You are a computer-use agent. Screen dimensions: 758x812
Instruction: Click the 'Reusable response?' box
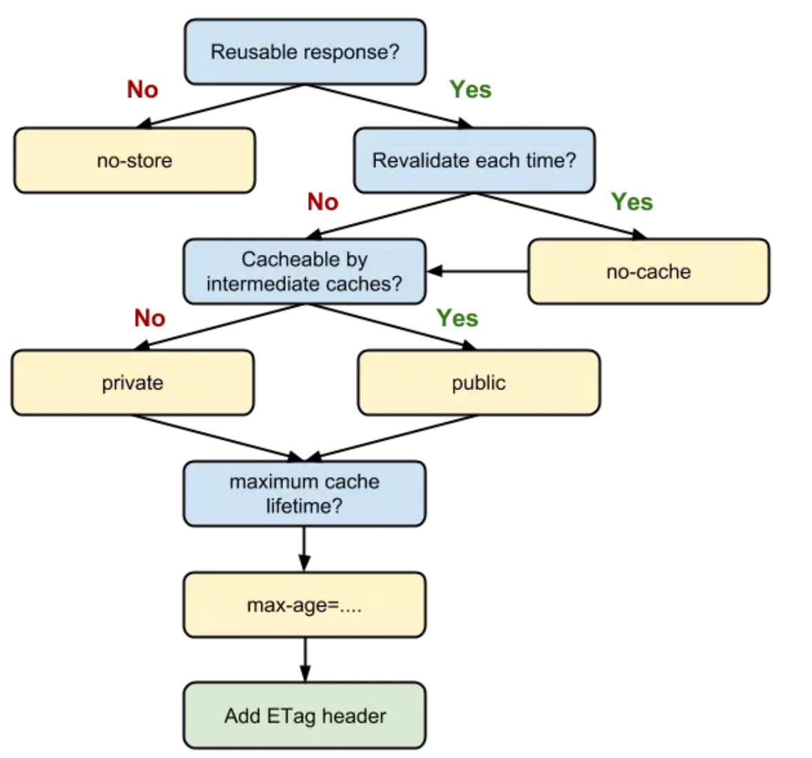305,52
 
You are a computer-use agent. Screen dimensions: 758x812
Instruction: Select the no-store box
134,161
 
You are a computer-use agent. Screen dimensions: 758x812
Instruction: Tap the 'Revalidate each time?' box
474,161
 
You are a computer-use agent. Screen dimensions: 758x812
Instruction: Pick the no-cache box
648,272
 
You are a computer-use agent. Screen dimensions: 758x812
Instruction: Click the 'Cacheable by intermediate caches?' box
304,272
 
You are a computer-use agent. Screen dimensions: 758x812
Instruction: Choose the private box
132,383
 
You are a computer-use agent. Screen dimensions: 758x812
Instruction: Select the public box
479,383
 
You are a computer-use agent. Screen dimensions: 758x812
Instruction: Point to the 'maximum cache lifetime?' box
304,493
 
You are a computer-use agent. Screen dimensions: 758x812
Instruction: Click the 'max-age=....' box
304,605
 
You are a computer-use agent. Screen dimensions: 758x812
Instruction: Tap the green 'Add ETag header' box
304,716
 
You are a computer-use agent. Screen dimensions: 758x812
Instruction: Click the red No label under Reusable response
143,90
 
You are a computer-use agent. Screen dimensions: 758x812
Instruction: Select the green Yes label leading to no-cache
632,202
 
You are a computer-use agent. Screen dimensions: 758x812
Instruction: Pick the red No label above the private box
149,318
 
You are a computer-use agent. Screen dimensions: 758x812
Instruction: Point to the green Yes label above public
457,318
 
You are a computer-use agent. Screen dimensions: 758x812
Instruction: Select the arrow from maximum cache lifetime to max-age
304,549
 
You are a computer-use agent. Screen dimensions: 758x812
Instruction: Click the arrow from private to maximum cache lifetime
217,438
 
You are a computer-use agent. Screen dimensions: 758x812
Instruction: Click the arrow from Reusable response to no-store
220,106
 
